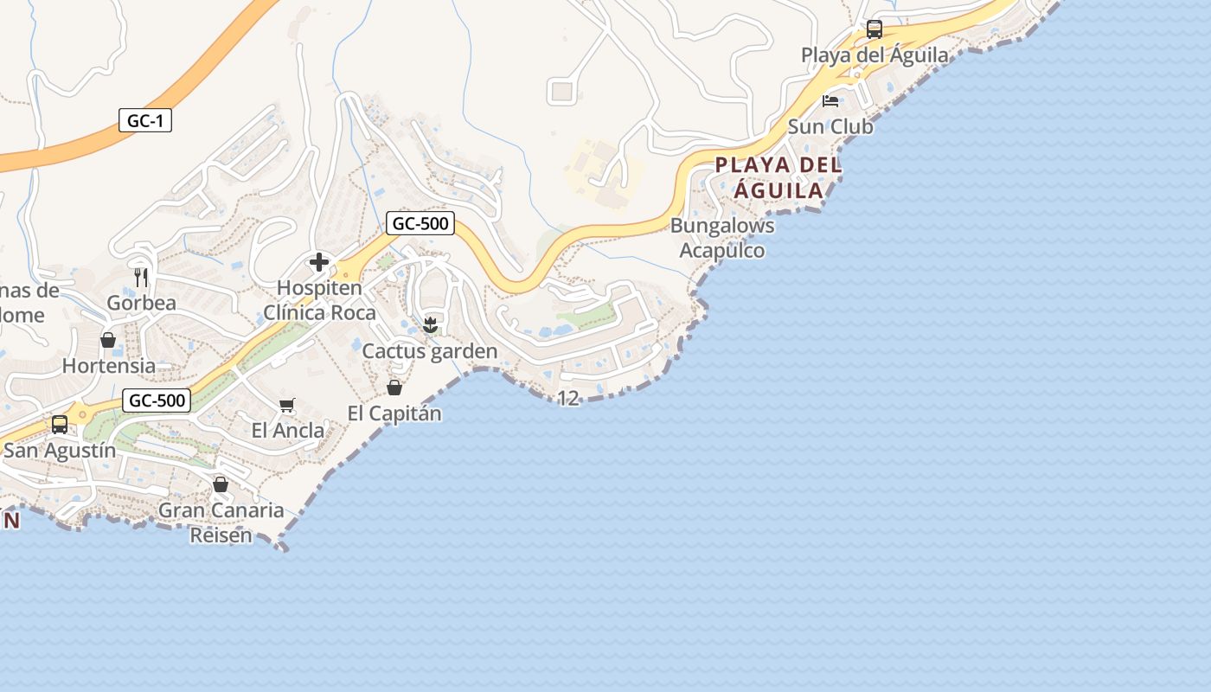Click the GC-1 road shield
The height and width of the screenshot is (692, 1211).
coord(145,121)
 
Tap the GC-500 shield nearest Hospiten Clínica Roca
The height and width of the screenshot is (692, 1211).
coord(420,223)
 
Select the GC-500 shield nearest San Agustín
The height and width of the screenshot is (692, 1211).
coord(157,400)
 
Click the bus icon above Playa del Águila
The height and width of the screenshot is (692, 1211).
coord(875,30)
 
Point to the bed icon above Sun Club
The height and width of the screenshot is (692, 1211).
coord(830,101)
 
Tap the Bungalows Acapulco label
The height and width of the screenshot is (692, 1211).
coord(722,238)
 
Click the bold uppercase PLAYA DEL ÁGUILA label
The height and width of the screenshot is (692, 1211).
coord(778,178)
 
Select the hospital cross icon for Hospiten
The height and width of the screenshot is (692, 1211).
coord(319,262)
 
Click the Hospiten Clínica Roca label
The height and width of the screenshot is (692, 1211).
coord(319,300)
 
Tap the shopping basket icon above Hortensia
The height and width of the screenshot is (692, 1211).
coord(108,340)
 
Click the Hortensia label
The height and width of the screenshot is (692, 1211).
coord(109,366)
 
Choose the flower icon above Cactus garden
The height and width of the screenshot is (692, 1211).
coord(430,325)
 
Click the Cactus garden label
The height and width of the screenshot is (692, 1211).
coord(430,351)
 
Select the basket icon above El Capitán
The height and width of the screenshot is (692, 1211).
coord(394,388)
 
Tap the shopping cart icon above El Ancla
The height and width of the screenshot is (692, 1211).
coord(287,405)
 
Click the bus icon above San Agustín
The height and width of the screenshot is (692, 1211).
coord(60,425)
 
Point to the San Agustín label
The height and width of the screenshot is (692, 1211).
coord(60,451)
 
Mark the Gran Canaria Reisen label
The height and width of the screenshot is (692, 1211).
coord(221,522)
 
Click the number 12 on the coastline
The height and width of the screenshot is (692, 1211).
coord(568,399)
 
